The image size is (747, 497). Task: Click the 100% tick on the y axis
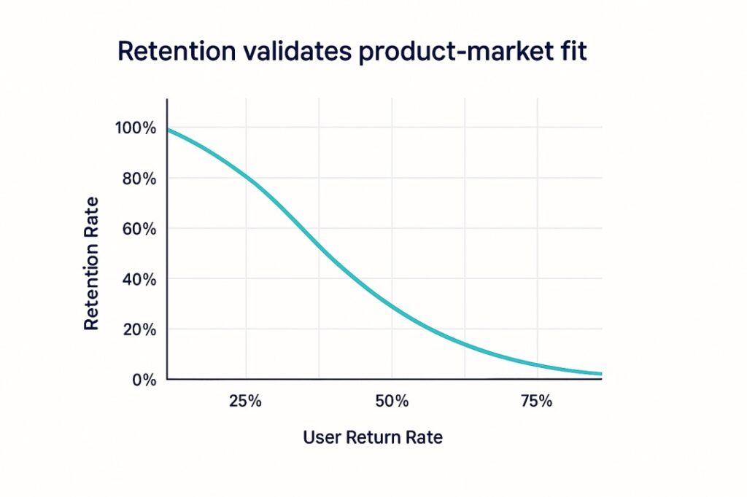point(135,128)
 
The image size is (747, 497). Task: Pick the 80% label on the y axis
point(138,179)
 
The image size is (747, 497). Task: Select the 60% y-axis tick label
point(138,229)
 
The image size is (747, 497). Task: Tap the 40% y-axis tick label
point(138,279)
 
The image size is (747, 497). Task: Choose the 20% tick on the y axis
point(138,329)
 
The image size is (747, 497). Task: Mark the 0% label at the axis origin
point(144,380)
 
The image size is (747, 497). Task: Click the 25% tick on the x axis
point(246,402)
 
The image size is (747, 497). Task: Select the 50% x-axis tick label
point(392,402)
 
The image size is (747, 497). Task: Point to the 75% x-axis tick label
point(538,402)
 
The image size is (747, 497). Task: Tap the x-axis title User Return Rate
point(373,438)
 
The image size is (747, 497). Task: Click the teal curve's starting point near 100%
point(169,130)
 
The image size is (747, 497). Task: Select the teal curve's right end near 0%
point(600,374)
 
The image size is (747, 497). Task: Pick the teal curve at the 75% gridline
point(538,365)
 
